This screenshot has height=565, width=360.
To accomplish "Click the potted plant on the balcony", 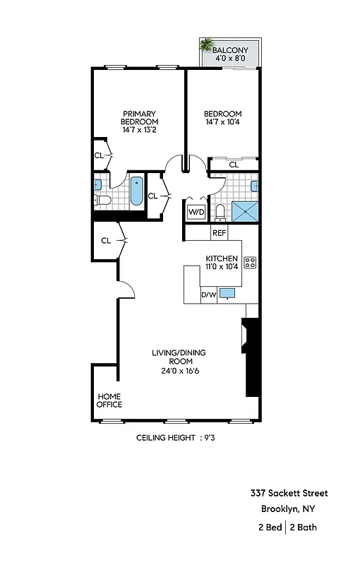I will pyautogui.click(x=206, y=44).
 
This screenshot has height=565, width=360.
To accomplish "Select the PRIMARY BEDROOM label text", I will pyautogui.click(x=138, y=118).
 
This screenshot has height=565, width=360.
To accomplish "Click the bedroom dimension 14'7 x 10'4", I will pyautogui.click(x=222, y=124).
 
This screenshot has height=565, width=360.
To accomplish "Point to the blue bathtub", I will pyautogui.click(x=136, y=191).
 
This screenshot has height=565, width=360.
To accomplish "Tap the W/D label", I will pyautogui.click(x=196, y=211).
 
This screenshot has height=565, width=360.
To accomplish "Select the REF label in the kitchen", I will pyautogui.click(x=219, y=232).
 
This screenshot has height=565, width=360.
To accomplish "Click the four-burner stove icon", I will pyautogui.click(x=250, y=263).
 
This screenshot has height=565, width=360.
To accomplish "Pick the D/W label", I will pyautogui.click(x=208, y=295).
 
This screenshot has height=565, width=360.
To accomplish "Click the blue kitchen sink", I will pyautogui.click(x=227, y=292).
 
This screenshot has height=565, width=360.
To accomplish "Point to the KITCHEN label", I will pyautogui.click(x=222, y=258).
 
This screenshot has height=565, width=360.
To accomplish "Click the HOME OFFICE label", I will pyautogui.click(x=109, y=400).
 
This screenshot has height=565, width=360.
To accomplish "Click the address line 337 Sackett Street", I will pyautogui.click(x=288, y=493).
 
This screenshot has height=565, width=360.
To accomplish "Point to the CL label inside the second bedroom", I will pyautogui.click(x=233, y=165).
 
